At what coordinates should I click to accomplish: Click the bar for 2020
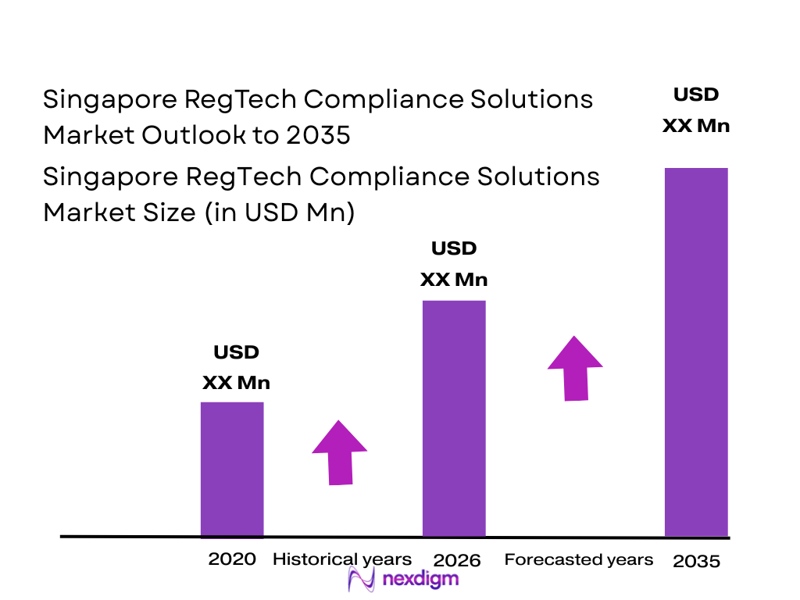[232, 469]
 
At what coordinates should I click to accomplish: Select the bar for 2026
[454, 418]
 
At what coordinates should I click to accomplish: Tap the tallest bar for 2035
[696, 352]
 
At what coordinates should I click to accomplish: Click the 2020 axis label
[232, 559]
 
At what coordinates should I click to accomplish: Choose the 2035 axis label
[696, 561]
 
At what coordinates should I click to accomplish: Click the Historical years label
[341, 559]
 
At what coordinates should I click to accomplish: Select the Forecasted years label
[579, 559]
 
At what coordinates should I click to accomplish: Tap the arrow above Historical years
[339, 453]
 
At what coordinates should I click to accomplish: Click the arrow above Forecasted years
[575, 369]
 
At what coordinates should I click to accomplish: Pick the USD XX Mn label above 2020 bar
[236, 368]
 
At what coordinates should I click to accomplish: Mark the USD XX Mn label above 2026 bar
[454, 264]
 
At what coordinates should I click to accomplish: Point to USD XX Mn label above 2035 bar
[696, 110]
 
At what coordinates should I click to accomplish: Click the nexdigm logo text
[421, 579]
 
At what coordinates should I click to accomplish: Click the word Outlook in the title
[188, 135]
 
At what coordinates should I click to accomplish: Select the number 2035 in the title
[317, 135]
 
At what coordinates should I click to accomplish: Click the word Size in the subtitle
[169, 212]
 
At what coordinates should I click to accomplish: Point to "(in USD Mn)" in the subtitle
[280, 212]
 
